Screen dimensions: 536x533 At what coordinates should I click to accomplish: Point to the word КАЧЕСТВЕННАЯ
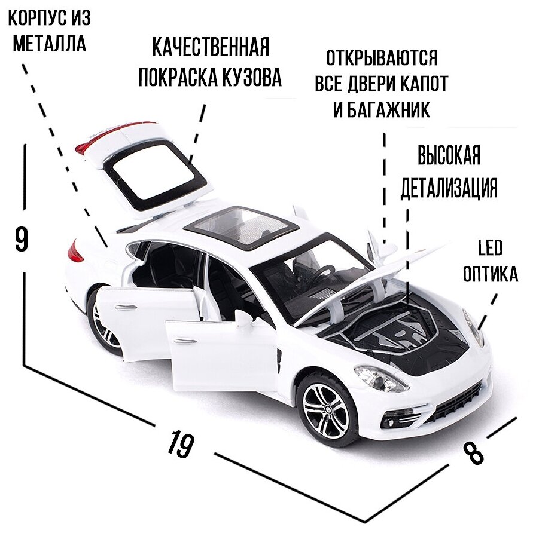pyautogui.click(x=209, y=47)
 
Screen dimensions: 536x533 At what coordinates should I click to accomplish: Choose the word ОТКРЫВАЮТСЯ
pyautogui.click(x=382, y=59)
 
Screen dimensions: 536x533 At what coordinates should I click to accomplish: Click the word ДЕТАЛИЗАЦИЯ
pyautogui.click(x=449, y=187)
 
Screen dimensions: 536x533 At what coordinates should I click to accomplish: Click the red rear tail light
pyautogui.click(x=75, y=252)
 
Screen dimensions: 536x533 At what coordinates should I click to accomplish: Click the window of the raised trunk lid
pyautogui.click(x=156, y=173)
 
